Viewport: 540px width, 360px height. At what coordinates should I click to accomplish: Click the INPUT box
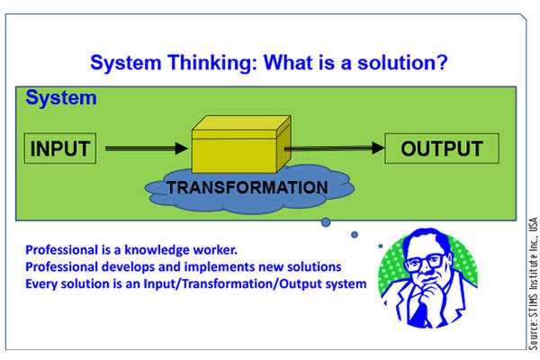click(60, 148)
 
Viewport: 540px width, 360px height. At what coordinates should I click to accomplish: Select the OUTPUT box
click(442, 148)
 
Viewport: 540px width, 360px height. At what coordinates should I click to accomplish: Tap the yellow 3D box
click(241, 144)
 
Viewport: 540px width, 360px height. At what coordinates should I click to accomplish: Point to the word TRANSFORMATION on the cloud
click(247, 188)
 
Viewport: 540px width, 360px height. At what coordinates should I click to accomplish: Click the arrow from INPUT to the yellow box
click(147, 148)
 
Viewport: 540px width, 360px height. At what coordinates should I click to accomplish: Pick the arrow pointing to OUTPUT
click(334, 148)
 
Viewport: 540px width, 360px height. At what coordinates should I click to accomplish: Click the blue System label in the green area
click(61, 98)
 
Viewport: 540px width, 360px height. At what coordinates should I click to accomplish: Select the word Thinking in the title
click(212, 63)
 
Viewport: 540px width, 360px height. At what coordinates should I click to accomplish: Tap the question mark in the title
click(442, 62)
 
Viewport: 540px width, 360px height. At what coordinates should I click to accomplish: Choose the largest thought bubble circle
click(326, 222)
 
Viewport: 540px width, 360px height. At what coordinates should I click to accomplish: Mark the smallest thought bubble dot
click(381, 246)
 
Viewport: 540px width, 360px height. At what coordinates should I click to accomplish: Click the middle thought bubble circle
click(355, 235)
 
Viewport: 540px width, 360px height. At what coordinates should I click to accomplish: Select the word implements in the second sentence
click(219, 267)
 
